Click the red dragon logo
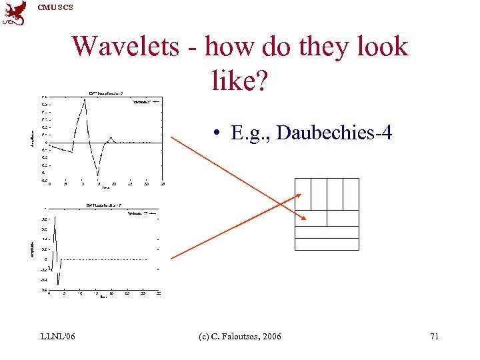[x=15, y=13]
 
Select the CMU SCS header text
[x=55, y=7]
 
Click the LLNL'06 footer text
[x=57, y=337]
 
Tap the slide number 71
[x=434, y=337]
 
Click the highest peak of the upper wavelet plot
[x=85, y=100]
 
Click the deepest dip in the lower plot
[x=58, y=284]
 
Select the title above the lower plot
[x=103, y=205]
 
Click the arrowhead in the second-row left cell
[x=304, y=219]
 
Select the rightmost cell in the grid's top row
[x=351, y=193]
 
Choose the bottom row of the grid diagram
[x=327, y=244]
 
